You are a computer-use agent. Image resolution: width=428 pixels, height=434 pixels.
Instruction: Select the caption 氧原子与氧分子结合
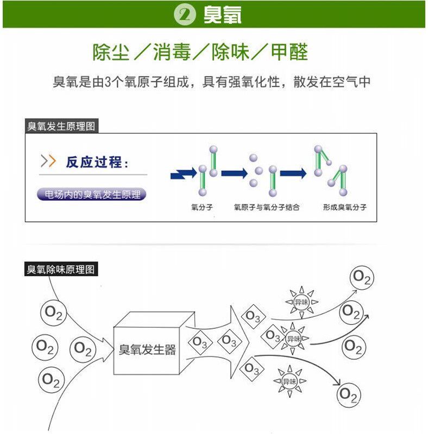pos(267,207)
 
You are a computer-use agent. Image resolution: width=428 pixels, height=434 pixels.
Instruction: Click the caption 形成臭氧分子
pos(344,207)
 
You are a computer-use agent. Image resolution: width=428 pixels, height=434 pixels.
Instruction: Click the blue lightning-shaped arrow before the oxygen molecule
pos(184,174)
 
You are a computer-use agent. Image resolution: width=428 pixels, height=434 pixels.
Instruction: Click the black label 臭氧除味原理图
pos(61,269)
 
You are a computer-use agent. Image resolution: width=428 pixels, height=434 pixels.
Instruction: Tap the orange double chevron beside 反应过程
pos(48,161)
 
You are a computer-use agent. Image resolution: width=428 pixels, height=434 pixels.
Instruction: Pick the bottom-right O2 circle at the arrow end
pos(348,395)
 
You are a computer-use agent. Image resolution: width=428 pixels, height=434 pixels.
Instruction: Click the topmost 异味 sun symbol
pos(301,302)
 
